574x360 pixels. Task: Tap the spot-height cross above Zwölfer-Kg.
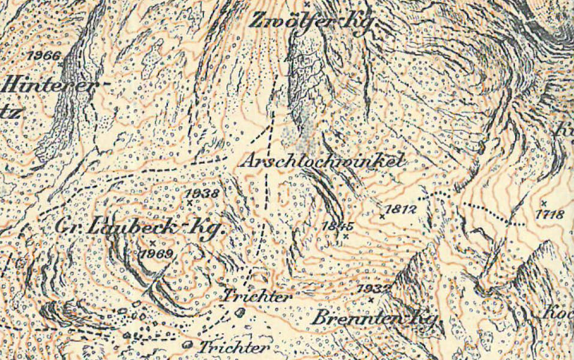tap(306, 4)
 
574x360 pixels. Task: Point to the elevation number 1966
tap(44, 56)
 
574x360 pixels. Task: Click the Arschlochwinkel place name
tap(323, 162)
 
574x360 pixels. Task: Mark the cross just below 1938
tap(190, 203)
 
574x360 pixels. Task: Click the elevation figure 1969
tap(156, 253)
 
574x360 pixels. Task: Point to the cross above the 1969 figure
tap(152, 242)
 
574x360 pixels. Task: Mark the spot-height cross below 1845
tap(346, 236)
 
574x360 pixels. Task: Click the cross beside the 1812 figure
tap(382, 214)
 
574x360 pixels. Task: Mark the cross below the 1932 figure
tap(371, 299)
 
